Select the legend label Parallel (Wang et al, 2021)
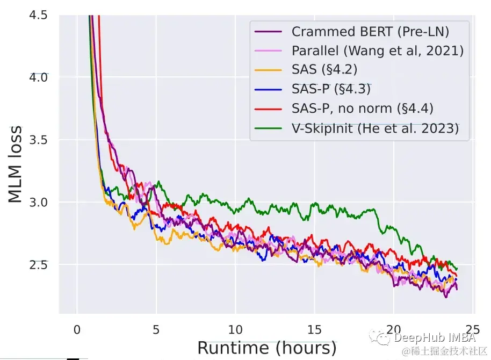click(x=378, y=51)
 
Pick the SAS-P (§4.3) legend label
click(x=331, y=89)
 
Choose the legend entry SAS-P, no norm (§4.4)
click(x=363, y=109)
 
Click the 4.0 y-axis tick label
click(x=37, y=77)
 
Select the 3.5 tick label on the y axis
click(x=37, y=140)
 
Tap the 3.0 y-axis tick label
click(x=37, y=202)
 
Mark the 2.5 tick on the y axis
click(x=37, y=264)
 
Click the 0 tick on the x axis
click(x=77, y=328)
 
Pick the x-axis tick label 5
click(x=156, y=328)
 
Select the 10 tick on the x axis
click(x=235, y=328)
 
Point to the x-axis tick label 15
click(x=314, y=328)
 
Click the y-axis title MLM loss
click(x=16, y=164)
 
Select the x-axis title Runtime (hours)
click(x=266, y=348)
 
